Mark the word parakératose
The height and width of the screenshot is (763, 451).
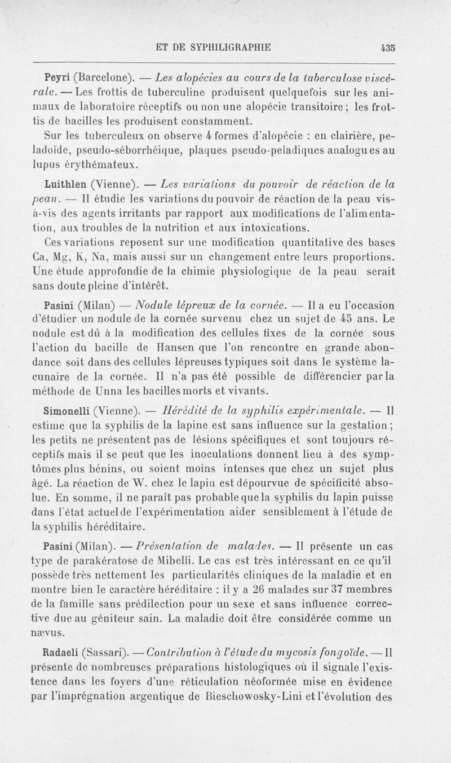(114, 575)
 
